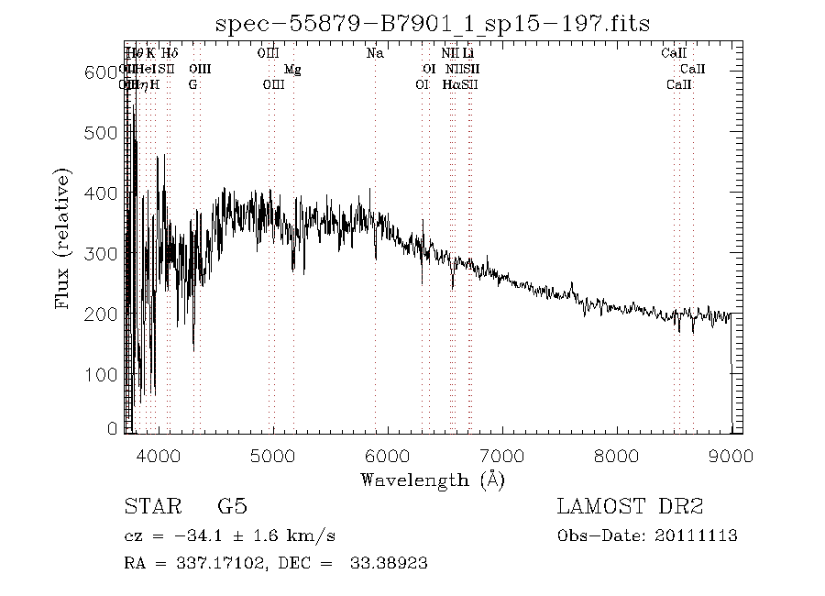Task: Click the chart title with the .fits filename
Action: [432, 24]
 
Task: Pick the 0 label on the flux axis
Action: [114, 428]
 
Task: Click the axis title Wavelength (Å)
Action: [432, 479]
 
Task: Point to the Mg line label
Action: [292, 70]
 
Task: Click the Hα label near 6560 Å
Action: [450, 85]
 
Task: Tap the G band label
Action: [192, 85]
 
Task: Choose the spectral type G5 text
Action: [232, 507]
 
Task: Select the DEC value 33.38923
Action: [389, 563]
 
